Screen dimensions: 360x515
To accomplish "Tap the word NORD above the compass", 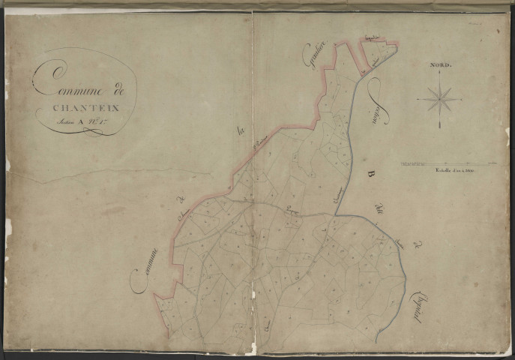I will point(439,66).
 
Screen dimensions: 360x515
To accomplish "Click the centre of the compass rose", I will point(439,98).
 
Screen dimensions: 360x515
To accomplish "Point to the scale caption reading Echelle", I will point(448,170).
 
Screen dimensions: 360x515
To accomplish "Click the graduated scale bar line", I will point(447,162).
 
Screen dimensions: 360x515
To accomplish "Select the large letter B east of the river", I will point(370,175).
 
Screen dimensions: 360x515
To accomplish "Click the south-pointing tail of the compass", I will point(439,125).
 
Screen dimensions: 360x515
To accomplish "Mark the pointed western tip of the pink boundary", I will point(154,295).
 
